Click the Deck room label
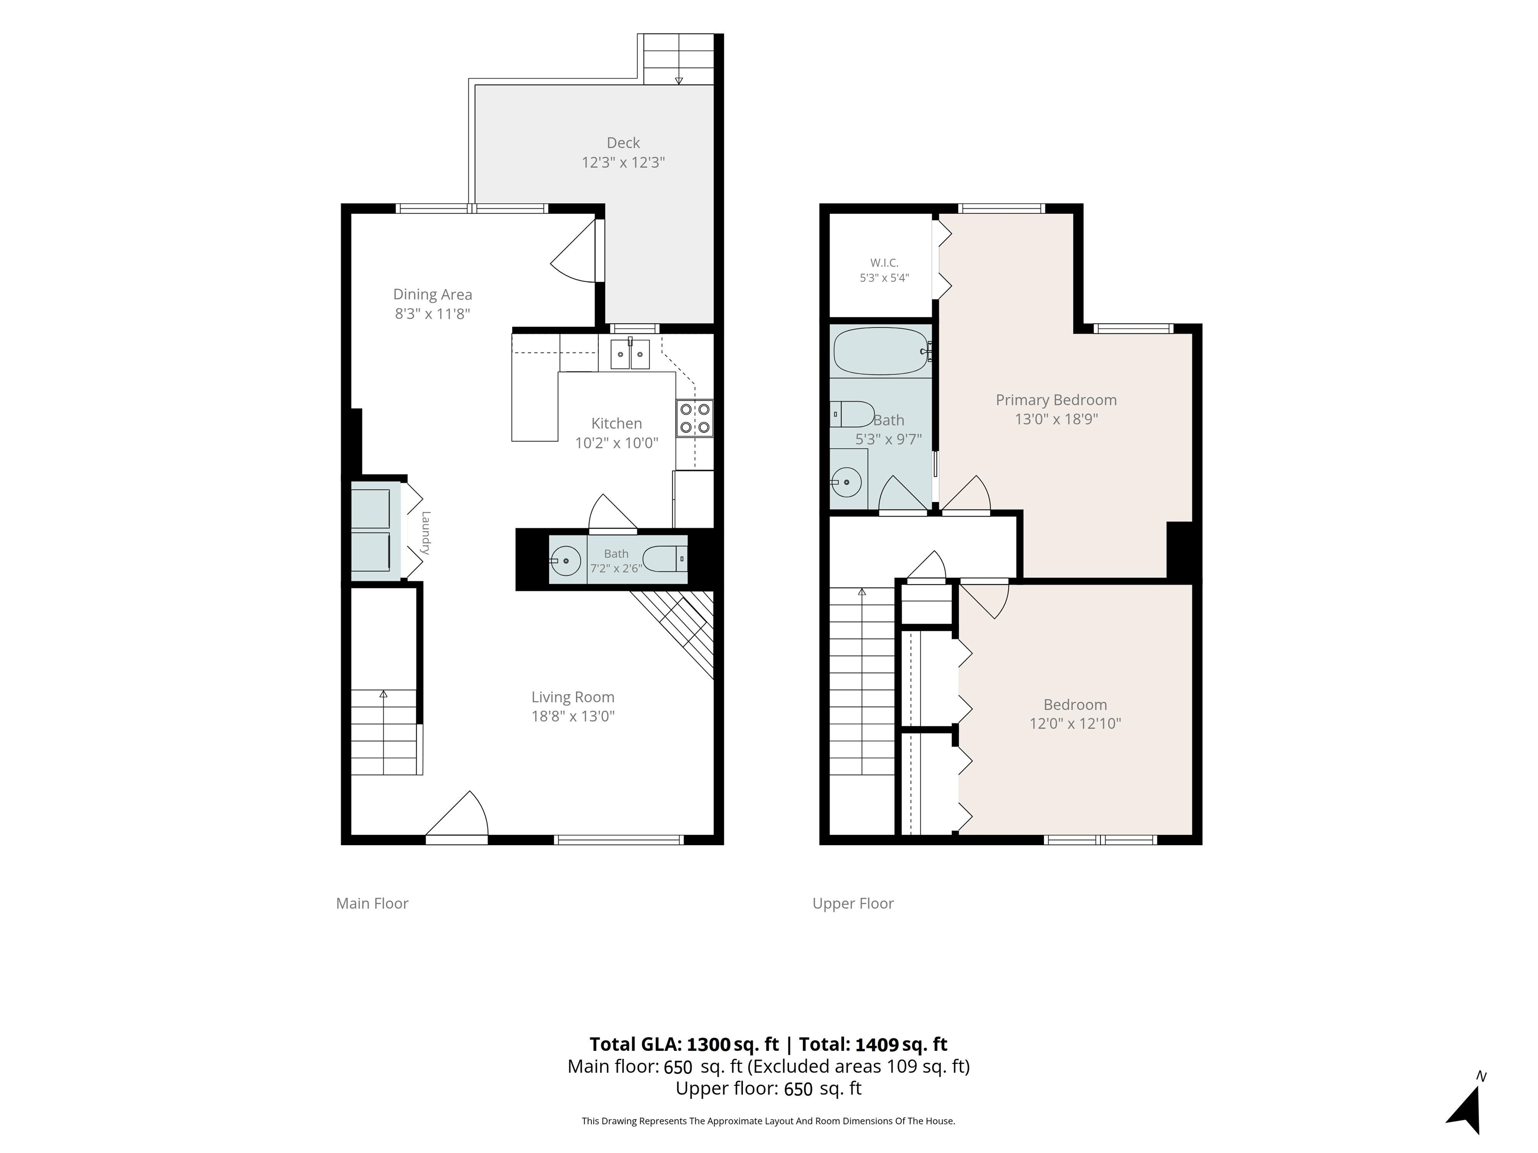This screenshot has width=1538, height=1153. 623,143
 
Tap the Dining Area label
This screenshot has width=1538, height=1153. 433,295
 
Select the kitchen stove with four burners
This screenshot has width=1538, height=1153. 694,418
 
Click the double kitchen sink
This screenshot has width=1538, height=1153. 630,354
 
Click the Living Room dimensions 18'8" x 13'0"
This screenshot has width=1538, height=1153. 573,716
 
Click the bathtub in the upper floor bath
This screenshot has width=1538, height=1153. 881,352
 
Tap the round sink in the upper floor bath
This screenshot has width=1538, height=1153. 846,481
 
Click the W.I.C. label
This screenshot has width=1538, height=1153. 885,263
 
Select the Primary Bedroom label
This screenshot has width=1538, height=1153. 1056,400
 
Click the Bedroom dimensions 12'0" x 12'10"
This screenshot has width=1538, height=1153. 1075,724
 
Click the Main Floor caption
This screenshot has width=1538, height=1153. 372,903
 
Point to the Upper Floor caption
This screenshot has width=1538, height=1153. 853,903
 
